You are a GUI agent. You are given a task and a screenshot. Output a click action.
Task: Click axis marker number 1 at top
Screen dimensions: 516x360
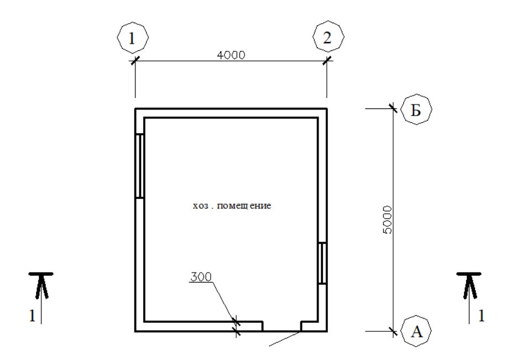coord(133,38)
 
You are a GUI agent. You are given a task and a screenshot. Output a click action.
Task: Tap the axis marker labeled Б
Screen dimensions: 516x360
coord(416,109)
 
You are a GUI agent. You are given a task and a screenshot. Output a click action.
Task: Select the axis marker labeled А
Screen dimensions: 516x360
coord(416,331)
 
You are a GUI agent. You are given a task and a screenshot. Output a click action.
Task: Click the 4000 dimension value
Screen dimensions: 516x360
coord(231,55)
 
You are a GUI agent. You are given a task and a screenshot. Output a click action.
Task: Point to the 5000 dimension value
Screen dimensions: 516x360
coord(388,220)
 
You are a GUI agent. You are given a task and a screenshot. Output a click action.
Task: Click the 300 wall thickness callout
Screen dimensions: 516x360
coord(201,276)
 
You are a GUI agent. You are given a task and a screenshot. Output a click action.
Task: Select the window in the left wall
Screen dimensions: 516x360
coord(139,166)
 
